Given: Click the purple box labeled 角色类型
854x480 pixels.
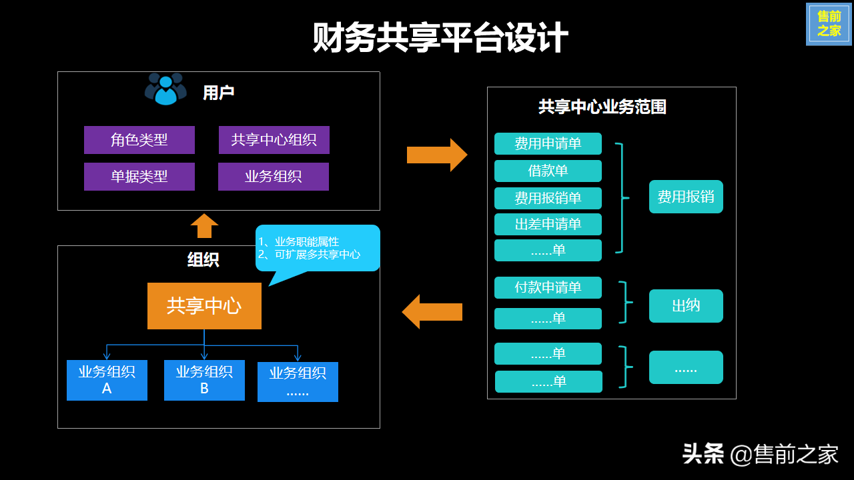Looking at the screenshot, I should point(139,140).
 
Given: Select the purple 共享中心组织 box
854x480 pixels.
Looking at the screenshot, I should point(274,140).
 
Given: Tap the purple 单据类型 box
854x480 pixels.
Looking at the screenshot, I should point(139,177).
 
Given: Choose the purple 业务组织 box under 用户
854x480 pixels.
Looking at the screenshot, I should point(274,177).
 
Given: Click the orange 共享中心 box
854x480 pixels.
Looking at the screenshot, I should point(204,306).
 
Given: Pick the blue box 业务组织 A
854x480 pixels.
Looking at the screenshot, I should point(107,380).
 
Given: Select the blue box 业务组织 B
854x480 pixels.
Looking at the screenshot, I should point(204,380).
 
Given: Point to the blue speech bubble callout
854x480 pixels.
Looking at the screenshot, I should point(318,248).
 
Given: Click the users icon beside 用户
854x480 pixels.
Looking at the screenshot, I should point(165,89).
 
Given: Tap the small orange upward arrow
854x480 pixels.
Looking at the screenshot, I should point(204,226).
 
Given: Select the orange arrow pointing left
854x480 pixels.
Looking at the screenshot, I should point(432,311).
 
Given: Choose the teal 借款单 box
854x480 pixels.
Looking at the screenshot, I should point(548,171).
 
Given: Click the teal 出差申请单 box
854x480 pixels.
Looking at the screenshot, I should point(548,225).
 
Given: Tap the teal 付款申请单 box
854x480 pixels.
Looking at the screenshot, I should point(548,287).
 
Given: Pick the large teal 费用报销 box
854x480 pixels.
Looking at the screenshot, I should point(686,197).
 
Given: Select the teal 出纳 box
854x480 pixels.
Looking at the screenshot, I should point(686,306).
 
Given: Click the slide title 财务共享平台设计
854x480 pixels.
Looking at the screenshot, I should point(440,38).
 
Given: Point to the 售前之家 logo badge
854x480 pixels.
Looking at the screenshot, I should point(829,24).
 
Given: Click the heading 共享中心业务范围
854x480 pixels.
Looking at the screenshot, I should point(602,107).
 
